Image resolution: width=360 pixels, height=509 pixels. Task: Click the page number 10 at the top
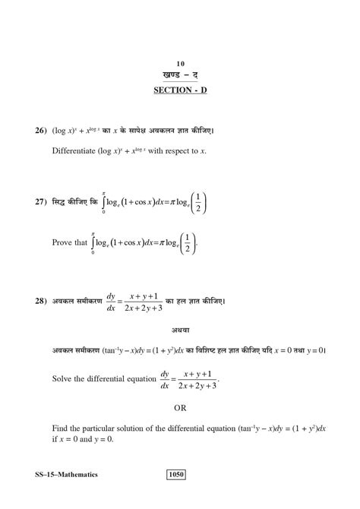tap(180, 64)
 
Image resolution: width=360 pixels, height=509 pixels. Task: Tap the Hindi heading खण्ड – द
tap(180, 76)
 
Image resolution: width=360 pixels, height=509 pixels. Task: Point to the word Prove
tap(62, 243)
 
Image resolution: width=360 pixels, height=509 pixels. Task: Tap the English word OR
tap(180, 407)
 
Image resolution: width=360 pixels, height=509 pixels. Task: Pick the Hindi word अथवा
tap(180, 330)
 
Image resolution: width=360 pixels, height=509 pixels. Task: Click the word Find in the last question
tap(60, 429)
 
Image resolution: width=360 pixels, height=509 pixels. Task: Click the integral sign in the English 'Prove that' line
tap(93, 243)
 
